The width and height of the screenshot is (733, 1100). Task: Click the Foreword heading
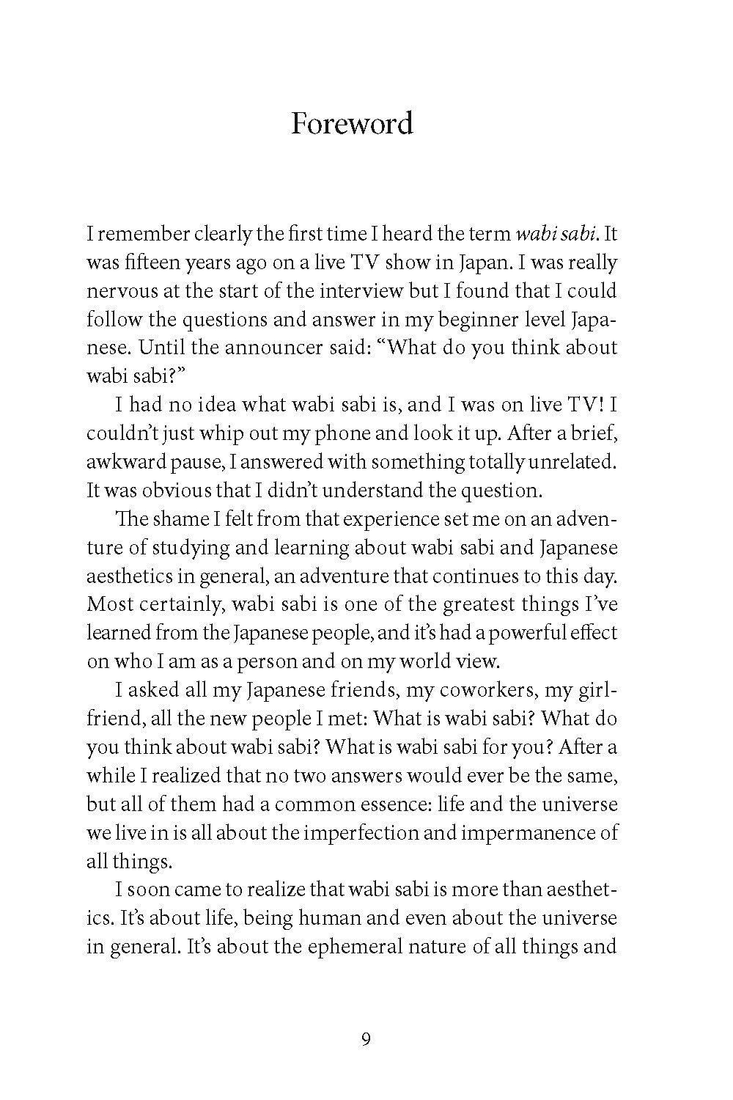click(x=352, y=123)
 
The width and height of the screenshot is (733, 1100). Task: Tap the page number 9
click(x=366, y=1038)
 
